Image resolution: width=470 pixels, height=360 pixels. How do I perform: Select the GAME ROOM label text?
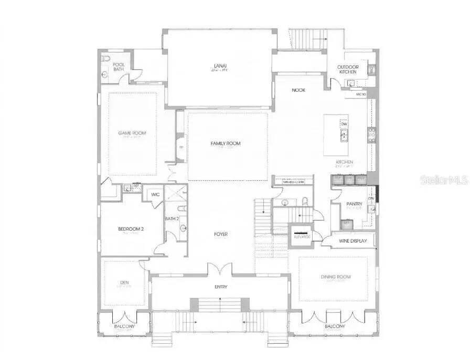point(132,133)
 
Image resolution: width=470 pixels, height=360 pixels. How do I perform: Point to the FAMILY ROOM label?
point(226,144)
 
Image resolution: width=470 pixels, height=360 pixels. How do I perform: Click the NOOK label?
point(299,90)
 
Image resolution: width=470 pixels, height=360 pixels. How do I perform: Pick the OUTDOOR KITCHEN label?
point(347,69)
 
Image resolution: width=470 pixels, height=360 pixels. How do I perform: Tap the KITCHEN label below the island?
point(345,162)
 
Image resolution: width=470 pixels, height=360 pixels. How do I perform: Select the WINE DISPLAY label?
point(352,241)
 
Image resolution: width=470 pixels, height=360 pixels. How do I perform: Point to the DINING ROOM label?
point(336,277)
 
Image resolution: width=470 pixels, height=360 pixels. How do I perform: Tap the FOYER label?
point(221,234)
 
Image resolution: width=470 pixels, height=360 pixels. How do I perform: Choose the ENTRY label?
point(221,287)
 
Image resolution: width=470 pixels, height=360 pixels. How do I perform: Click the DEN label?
point(124,283)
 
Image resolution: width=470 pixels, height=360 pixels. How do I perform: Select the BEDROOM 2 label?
point(131,228)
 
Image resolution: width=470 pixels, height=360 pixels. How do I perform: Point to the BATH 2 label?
point(172,219)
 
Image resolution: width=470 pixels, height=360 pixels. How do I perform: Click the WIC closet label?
point(155,195)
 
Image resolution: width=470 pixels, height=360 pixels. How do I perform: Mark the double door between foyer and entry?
point(220,269)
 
